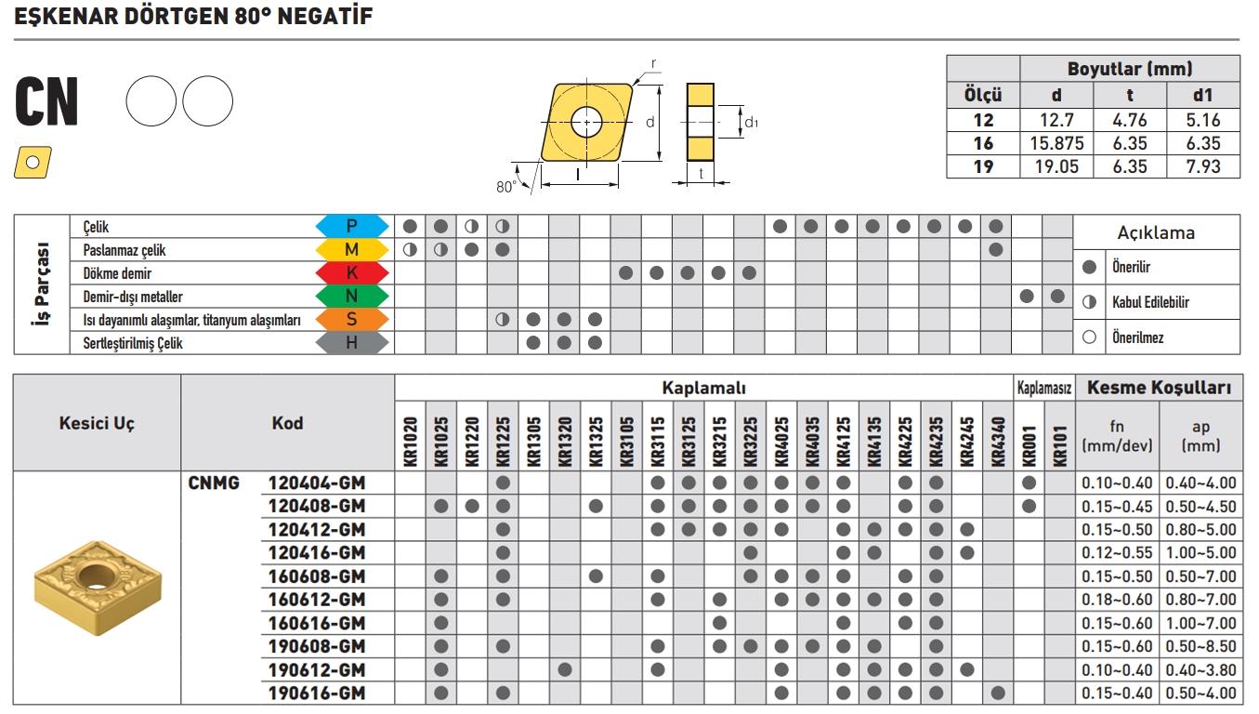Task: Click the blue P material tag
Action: pyautogui.click(x=352, y=226)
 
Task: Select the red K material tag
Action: pyautogui.click(x=352, y=273)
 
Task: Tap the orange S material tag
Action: pyautogui.click(x=352, y=320)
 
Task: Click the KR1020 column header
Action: pyautogui.click(x=411, y=436)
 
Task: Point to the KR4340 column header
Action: pyautogui.click(x=998, y=436)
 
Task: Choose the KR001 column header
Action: pyautogui.click(x=1028, y=436)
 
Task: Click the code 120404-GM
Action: pyautogui.click(x=316, y=483)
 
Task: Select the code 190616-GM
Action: pyautogui.click(x=316, y=693)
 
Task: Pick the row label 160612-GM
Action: pyautogui.click(x=316, y=599)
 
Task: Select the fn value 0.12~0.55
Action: pyautogui.click(x=1117, y=552)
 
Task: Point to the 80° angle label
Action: pyautogui.click(x=505, y=186)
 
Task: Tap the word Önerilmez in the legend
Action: pyautogui.click(x=1138, y=337)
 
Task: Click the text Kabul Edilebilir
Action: pyautogui.click(x=1150, y=302)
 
